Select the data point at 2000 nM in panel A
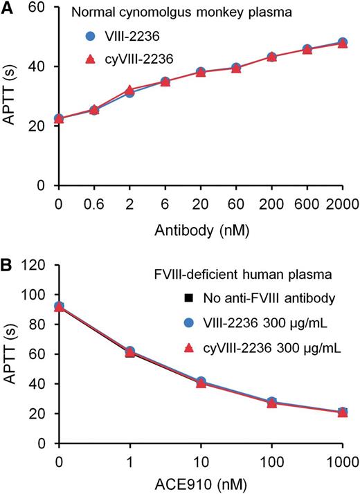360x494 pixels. pyautogui.click(x=342, y=43)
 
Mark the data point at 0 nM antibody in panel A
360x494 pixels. pyautogui.click(x=59, y=119)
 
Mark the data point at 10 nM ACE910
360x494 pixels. pyautogui.click(x=201, y=383)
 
